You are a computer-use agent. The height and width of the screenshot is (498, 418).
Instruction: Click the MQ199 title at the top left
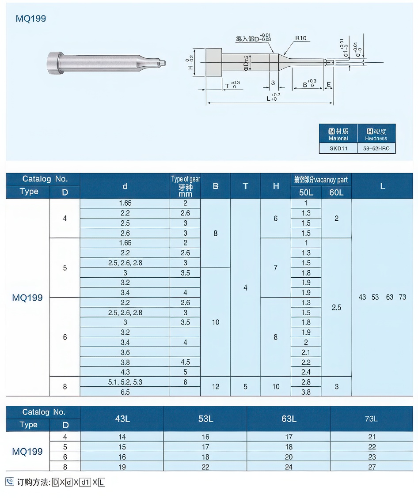point(31,19)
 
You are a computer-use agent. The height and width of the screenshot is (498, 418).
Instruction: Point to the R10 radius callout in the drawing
point(301,38)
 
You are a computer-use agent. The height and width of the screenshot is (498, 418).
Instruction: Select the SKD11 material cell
point(338,148)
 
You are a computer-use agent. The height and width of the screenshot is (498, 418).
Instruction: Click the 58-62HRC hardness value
point(376,148)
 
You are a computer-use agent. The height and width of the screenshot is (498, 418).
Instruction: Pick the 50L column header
point(306,192)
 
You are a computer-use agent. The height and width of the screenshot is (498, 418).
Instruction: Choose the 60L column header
point(336,192)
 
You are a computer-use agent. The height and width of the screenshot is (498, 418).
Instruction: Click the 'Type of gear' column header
point(185,186)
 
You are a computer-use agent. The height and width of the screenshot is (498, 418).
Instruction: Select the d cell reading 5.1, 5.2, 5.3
point(125,382)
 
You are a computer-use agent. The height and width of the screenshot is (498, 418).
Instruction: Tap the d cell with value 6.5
point(125,392)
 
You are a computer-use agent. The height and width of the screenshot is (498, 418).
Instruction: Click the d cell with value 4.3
point(125,372)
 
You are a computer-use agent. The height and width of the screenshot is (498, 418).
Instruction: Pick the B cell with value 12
point(215,387)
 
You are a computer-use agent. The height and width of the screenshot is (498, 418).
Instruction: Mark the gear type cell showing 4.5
point(185,362)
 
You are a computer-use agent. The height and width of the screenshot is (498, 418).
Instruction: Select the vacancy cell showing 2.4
point(306,372)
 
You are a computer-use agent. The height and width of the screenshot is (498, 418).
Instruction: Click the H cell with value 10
point(276,387)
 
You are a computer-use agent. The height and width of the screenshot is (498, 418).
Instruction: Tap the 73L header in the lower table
point(371,419)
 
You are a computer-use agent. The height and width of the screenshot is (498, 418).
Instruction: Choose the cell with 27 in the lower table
point(371,467)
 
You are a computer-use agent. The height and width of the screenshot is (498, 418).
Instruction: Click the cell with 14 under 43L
point(122,437)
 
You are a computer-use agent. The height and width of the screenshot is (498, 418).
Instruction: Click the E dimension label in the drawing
point(329,84)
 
